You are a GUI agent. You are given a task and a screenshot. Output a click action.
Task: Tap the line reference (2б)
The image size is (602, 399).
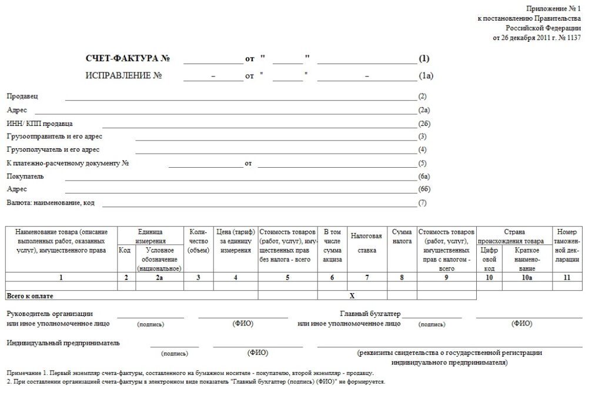[x=424, y=124]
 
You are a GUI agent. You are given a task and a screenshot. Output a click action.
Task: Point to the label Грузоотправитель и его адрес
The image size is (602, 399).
[x=53, y=137]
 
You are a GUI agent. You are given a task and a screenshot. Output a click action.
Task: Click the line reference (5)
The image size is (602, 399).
[x=422, y=163]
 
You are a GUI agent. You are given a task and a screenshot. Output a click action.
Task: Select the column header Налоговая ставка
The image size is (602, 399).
[x=367, y=242]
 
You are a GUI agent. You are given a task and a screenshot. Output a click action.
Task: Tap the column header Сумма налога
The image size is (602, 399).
[x=402, y=237]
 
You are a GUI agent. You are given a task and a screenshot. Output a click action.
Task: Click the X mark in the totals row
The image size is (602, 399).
[x=352, y=295]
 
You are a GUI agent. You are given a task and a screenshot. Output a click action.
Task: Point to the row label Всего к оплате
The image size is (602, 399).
[x=34, y=295]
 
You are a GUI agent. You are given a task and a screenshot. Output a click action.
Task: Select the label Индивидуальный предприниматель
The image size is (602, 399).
[x=63, y=343]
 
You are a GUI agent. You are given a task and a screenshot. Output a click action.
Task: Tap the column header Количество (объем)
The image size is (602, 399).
[x=198, y=241]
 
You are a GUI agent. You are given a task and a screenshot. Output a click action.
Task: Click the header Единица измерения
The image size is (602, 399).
[x=150, y=236]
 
